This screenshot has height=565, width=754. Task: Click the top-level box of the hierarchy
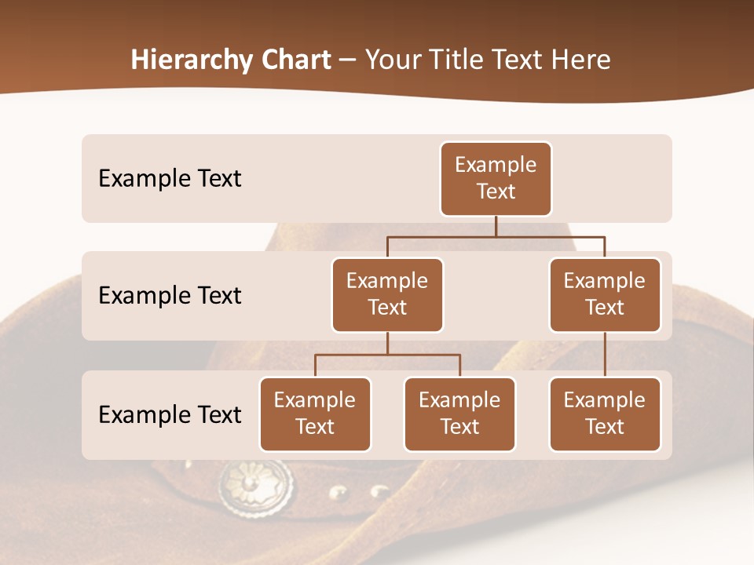coord(496,179)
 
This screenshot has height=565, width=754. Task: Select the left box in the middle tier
coord(387,295)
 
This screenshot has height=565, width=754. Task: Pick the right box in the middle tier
coord(605,295)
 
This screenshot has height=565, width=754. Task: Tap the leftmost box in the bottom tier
coord(315,414)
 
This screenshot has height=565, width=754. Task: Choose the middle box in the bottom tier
coord(459,414)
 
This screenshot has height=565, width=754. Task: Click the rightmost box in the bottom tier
coord(605,414)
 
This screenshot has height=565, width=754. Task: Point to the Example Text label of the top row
coord(170,179)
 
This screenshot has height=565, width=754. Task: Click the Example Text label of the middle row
coord(170,296)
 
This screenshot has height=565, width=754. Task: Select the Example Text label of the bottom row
coord(170,414)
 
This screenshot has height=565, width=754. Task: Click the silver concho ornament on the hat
coord(255,487)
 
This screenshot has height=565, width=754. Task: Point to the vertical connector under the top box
coord(496,226)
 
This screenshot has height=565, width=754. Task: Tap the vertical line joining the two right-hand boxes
coord(605,355)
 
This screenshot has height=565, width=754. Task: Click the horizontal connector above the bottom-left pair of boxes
coord(387,355)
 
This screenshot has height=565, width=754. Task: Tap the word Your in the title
coord(390,60)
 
